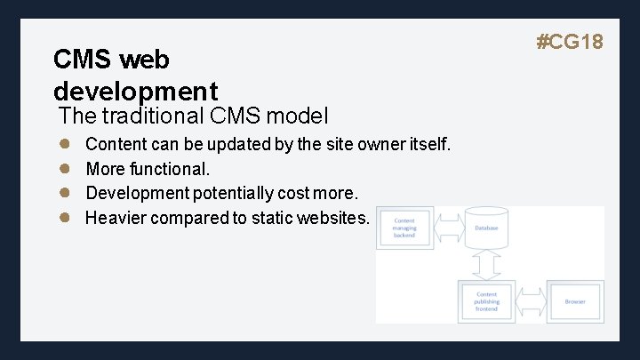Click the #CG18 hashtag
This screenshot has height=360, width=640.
570,41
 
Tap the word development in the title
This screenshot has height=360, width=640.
135,90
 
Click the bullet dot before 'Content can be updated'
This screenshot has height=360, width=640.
64,143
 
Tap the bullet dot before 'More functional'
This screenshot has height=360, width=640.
64,168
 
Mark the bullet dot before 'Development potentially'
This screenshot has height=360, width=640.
64,193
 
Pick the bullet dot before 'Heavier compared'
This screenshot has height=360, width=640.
64,218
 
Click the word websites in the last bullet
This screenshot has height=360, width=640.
331,218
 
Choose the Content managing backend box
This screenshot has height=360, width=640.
404,228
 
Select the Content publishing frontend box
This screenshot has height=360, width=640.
486,301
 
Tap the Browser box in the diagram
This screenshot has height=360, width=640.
575,301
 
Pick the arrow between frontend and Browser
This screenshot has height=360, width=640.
532,301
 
